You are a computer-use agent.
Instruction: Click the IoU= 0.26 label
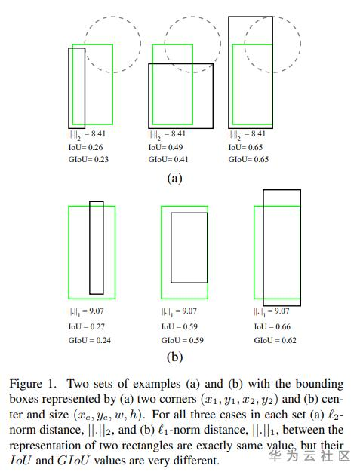(x=85, y=147)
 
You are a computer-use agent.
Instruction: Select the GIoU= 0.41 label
(x=168, y=159)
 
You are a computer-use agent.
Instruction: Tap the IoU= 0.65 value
(x=245, y=147)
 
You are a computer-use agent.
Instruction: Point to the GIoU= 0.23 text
(x=88, y=159)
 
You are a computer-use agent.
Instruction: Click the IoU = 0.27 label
(x=87, y=326)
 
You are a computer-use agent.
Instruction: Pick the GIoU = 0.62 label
(x=275, y=340)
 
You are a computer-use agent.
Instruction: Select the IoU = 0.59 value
(x=179, y=326)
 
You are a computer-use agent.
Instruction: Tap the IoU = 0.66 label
(x=272, y=326)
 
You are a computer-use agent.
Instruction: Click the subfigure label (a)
(x=174, y=178)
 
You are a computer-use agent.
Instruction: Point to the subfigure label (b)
(x=174, y=357)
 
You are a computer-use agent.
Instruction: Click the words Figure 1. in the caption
(x=33, y=384)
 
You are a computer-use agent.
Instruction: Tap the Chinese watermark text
(x=309, y=456)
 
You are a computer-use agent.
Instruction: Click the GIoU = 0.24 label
(x=90, y=340)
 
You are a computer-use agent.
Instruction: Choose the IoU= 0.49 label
(x=165, y=147)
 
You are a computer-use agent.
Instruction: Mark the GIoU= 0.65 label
(x=248, y=159)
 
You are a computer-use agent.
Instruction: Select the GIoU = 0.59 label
(x=183, y=340)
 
